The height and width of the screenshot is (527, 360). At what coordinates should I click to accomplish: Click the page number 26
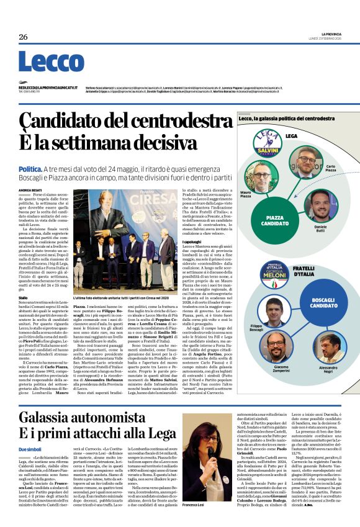click(24, 37)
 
